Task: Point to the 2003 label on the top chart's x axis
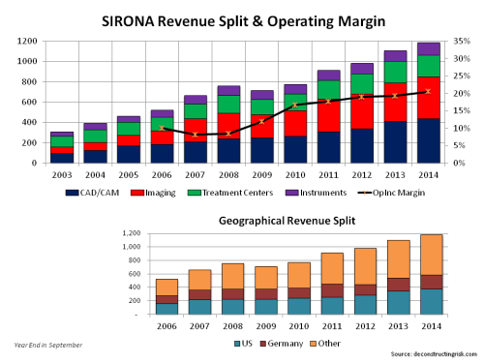point(62,174)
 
